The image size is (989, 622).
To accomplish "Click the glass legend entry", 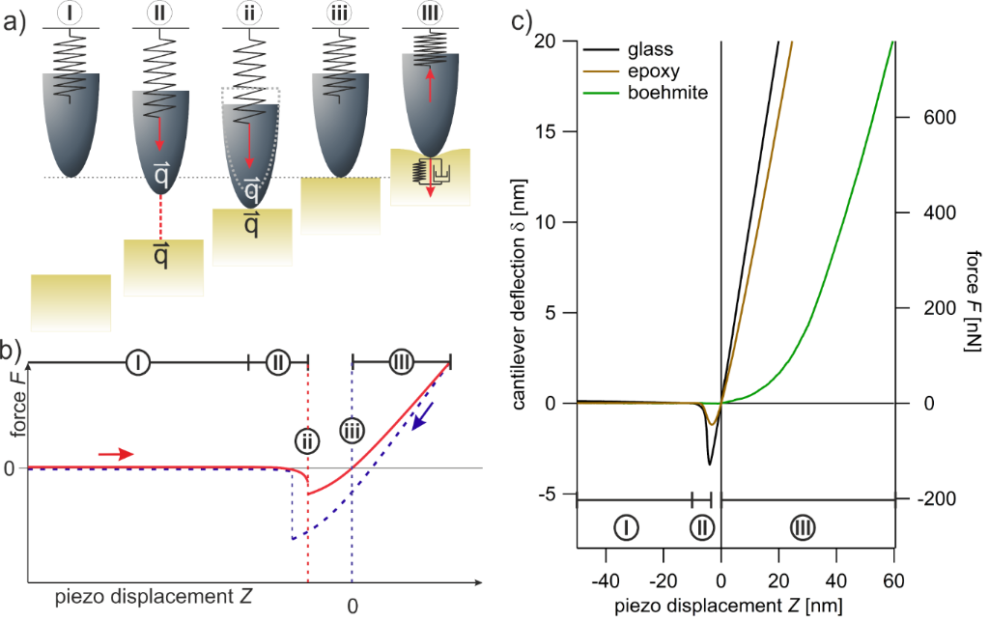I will pos(648,49).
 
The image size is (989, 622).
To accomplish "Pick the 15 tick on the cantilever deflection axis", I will pos(551,131).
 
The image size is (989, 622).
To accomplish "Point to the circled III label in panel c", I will pos(803,526).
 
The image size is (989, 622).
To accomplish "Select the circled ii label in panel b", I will pos(307,441).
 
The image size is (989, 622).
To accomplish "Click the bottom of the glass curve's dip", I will pos(710,464).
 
